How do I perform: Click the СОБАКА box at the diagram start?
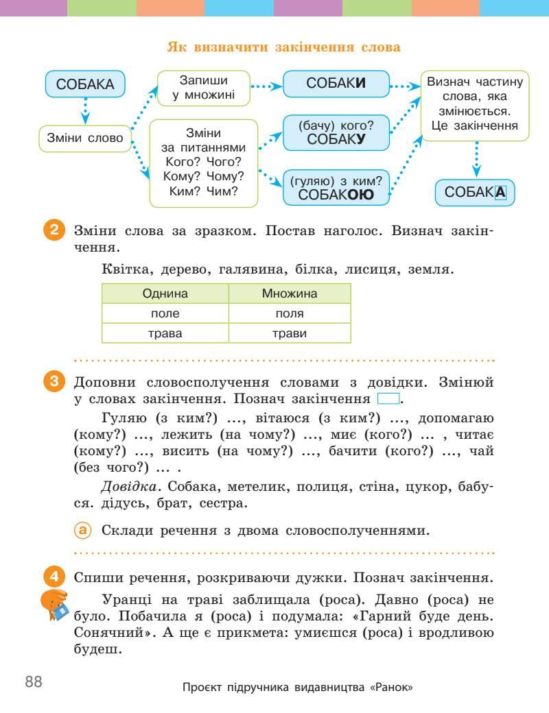pos(85,85)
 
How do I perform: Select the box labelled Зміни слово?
pos(85,138)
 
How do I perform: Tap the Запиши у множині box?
pos(203,88)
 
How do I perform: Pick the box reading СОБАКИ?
pos(336,86)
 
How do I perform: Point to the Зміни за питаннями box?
pos(203,162)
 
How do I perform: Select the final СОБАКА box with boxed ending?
pos(475,193)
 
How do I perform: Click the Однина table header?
pos(165,293)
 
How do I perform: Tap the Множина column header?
pos(290,293)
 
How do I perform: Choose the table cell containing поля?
pos(290,313)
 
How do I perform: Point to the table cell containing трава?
pos(165,333)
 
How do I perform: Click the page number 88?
pos(34,681)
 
